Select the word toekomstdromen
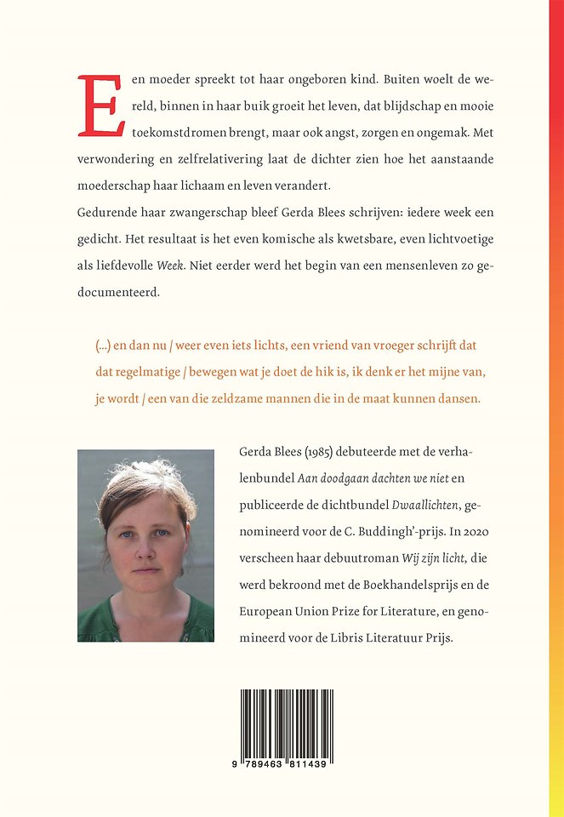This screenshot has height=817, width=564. pyautogui.click(x=178, y=134)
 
